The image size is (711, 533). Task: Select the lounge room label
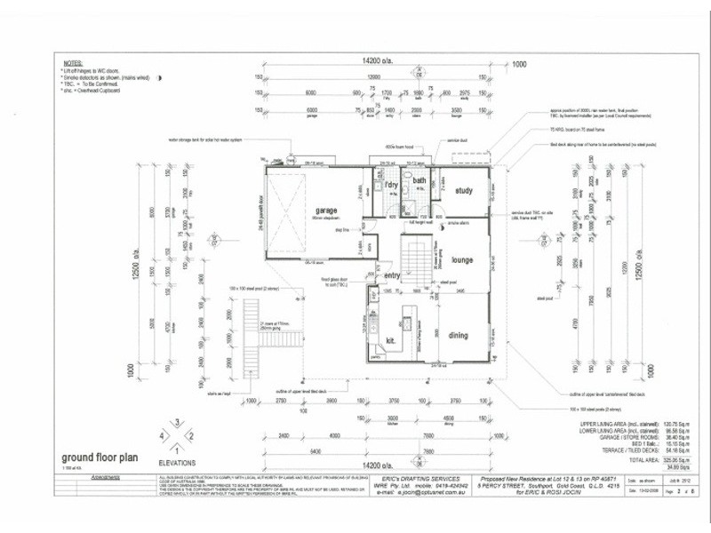point(461,260)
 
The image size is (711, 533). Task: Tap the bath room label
point(419,182)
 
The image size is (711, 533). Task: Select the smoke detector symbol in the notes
point(159,80)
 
